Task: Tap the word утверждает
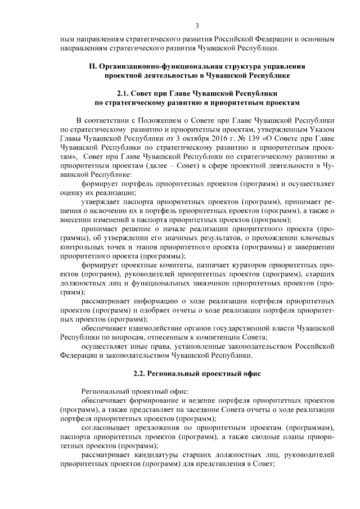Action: coord(100,200)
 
